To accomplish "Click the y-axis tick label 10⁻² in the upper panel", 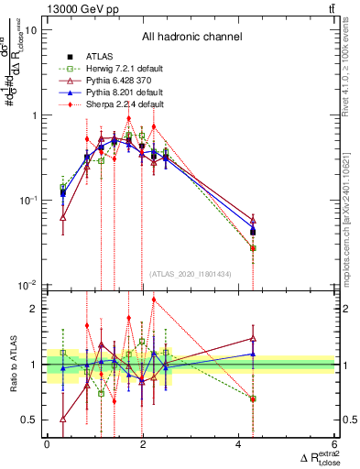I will point(28,285).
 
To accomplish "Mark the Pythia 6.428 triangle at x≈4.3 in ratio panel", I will point(253,338).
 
